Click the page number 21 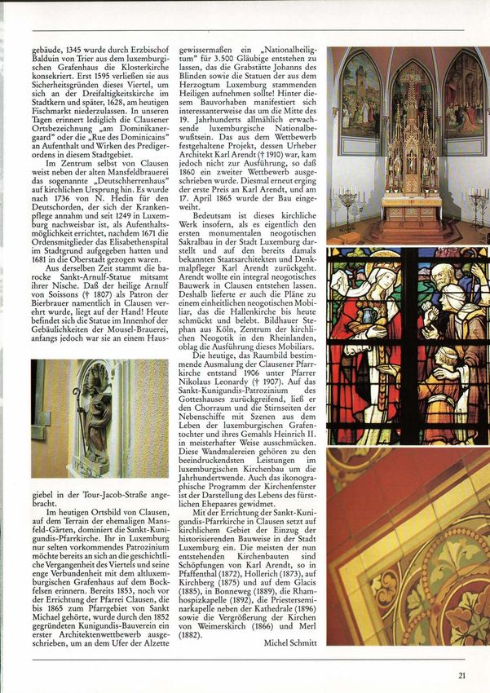coord(461,673)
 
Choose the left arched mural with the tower coord(360,95)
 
